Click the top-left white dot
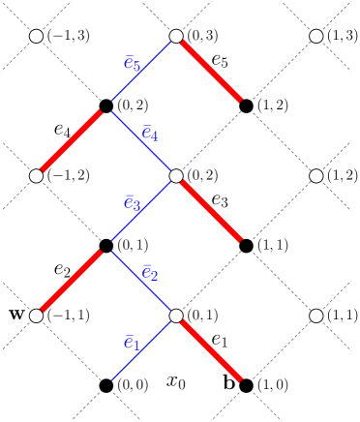click(36, 36)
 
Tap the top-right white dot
click(316, 36)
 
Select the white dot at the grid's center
click(176, 176)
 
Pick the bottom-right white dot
click(316, 316)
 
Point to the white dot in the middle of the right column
click(316, 176)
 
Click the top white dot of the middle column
click(176, 36)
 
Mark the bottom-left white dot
click(36, 316)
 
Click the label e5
click(132, 65)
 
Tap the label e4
click(150, 134)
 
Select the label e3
click(132, 204)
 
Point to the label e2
click(150, 274)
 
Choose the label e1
click(132, 344)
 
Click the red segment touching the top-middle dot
click(209, 69)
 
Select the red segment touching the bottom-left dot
click(69, 283)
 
